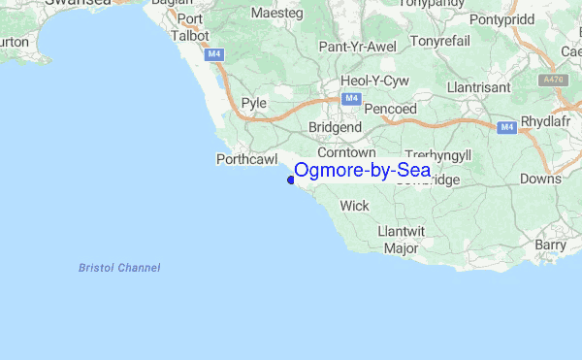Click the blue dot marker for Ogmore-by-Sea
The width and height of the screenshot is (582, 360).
coord(291,179)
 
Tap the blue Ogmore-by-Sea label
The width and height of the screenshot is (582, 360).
coord(363,171)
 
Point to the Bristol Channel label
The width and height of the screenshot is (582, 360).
coord(119,267)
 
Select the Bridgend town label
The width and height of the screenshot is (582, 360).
coord(335,127)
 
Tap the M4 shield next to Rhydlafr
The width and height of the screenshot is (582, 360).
coord(506,127)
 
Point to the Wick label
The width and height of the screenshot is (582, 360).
coord(354,206)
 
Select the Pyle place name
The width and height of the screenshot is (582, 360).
coord(253,102)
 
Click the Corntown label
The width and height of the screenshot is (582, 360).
coord(346,152)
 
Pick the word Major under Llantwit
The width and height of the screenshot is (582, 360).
coord(401,248)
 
